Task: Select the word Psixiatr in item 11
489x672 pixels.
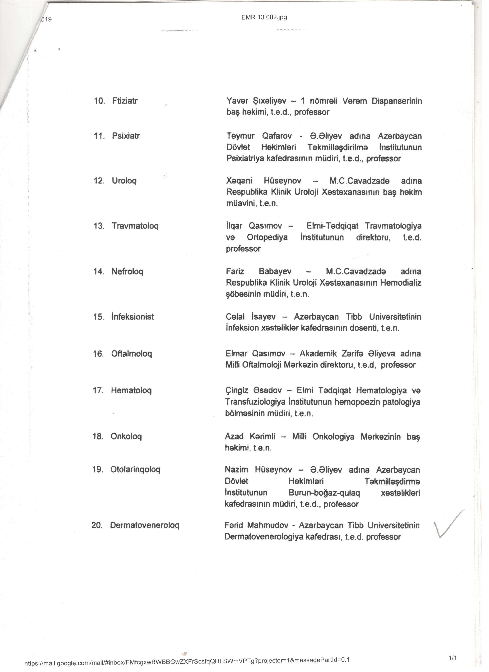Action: pyautogui.click(x=126, y=136)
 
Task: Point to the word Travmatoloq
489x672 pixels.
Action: pyautogui.click(x=135, y=226)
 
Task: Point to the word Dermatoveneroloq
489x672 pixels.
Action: pyautogui.click(x=145, y=525)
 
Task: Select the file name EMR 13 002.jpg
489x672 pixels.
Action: pyautogui.click(x=264, y=17)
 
